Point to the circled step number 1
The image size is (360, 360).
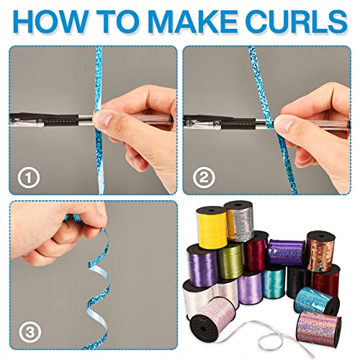point(29,178)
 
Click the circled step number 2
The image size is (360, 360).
point(204,178)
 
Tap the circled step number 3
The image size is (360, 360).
point(30,332)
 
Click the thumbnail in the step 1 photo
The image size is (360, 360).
point(104,121)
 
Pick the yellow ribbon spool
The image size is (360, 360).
point(212,228)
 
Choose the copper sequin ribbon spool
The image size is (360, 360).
point(321,251)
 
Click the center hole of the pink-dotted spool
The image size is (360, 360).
point(203,328)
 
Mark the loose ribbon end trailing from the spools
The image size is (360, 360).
point(312,355)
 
